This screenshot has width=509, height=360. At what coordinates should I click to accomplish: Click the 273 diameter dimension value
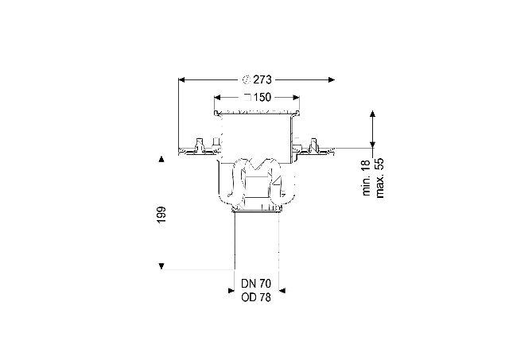pyautogui.click(x=262, y=79)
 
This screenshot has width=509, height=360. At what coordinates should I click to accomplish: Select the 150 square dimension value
pyautogui.click(x=262, y=97)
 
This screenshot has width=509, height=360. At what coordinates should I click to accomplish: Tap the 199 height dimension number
pyautogui.click(x=161, y=215)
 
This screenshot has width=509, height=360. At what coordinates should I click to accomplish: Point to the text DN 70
pyautogui.click(x=256, y=284)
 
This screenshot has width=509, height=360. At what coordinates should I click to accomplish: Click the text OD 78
pyautogui.click(x=256, y=297)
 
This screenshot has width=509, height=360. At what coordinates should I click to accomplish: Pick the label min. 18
pyautogui.click(x=366, y=177)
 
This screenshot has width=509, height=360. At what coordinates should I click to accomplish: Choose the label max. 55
pyautogui.click(x=379, y=178)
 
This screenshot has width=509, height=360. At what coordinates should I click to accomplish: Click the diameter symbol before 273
pyautogui.click(x=247, y=79)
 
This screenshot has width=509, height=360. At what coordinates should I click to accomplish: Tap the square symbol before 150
pyautogui.click(x=247, y=97)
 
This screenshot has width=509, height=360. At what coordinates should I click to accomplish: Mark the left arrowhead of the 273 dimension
pyautogui.click(x=182, y=79)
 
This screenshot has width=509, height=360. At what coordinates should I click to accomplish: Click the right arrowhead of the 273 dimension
pyautogui.click(x=331, y=79)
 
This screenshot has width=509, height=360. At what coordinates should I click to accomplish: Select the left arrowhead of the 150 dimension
pyautogui.click(x=217, y=97)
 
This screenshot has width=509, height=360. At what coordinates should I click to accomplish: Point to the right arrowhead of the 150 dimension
pyautogui.click(x=296, y=97)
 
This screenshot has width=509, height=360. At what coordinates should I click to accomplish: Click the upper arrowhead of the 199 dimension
pyautogui.click(x=161, y=159)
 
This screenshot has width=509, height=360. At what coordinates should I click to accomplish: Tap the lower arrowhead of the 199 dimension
pyautogui.click(x=161, y=266)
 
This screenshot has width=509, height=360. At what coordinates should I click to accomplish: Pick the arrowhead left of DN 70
pyautogui.click(x=231, y=291)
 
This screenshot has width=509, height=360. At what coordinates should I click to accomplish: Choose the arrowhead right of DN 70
pyautogui.click(x=282, y=291)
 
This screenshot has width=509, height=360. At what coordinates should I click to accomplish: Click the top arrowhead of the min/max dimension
pyautogui.click(x=373, y=114)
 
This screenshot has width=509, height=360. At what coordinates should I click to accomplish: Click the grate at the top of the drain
pyautogui.click(x=257, y=112)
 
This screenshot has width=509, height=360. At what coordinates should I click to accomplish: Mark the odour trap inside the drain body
pyautogui.click(x=256, y=184)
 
